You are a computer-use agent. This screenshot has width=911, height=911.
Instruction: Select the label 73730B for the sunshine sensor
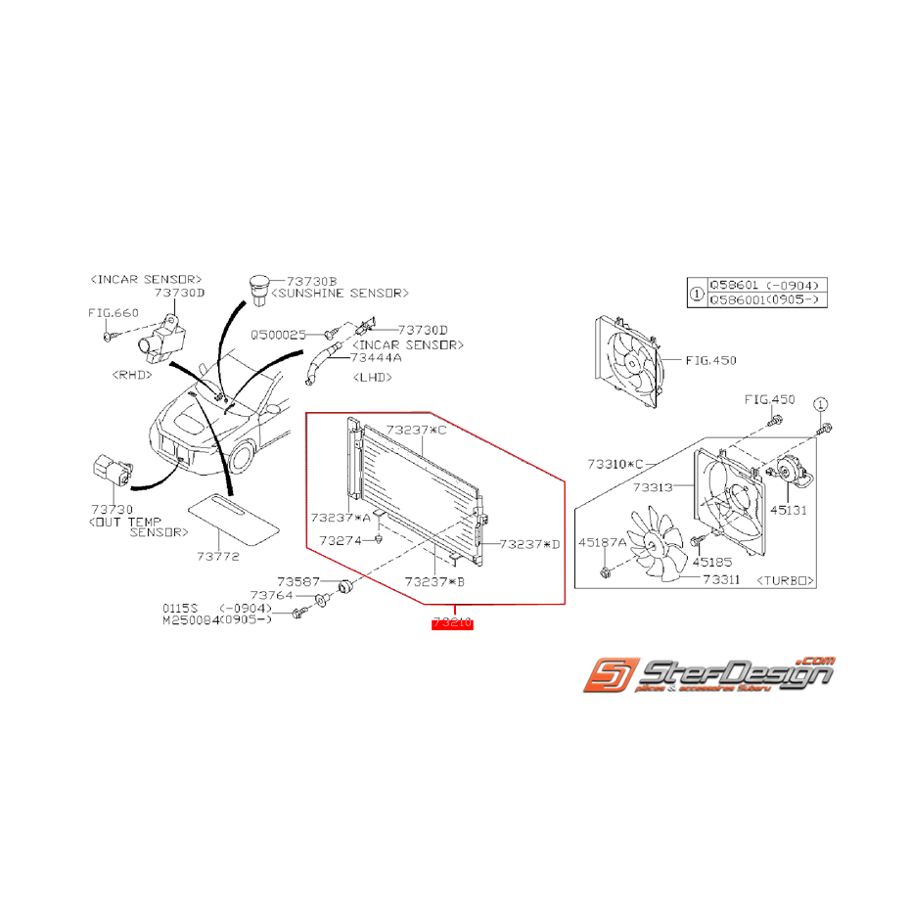point(311,279)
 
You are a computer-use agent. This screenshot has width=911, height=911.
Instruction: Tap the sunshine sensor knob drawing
point(259,287)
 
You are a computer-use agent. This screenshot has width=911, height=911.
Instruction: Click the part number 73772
point(218,556)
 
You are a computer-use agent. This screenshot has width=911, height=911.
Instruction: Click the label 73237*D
point(529,544)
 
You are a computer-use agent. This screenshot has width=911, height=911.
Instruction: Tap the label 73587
point(297,580)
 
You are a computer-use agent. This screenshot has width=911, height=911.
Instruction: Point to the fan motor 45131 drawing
point(792,474)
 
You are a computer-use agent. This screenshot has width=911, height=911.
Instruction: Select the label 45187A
point(605,541)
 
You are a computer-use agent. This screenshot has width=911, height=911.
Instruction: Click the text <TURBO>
point(786,580)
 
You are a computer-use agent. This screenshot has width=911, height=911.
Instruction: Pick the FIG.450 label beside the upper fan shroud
point(711,360)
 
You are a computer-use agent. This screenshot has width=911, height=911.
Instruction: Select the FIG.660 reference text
point(114,313)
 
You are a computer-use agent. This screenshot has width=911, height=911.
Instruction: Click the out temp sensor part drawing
point(110,470)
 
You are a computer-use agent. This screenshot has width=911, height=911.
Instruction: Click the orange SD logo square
point(607,677)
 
